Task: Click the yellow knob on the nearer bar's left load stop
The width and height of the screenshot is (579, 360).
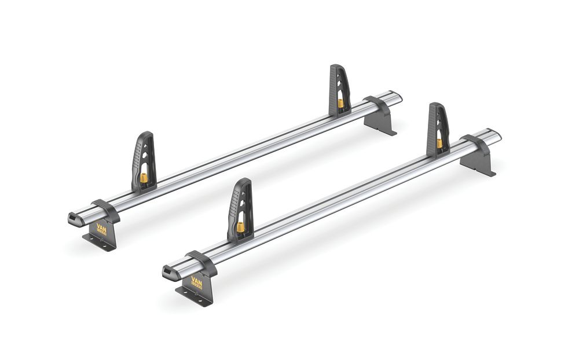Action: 240,226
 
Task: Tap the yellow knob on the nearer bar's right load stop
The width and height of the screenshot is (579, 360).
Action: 439,142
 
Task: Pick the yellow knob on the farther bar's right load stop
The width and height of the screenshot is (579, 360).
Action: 340,103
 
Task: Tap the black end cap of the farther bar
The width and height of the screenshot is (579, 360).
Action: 76,218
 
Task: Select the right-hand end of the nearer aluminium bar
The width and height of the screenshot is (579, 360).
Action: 496,135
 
